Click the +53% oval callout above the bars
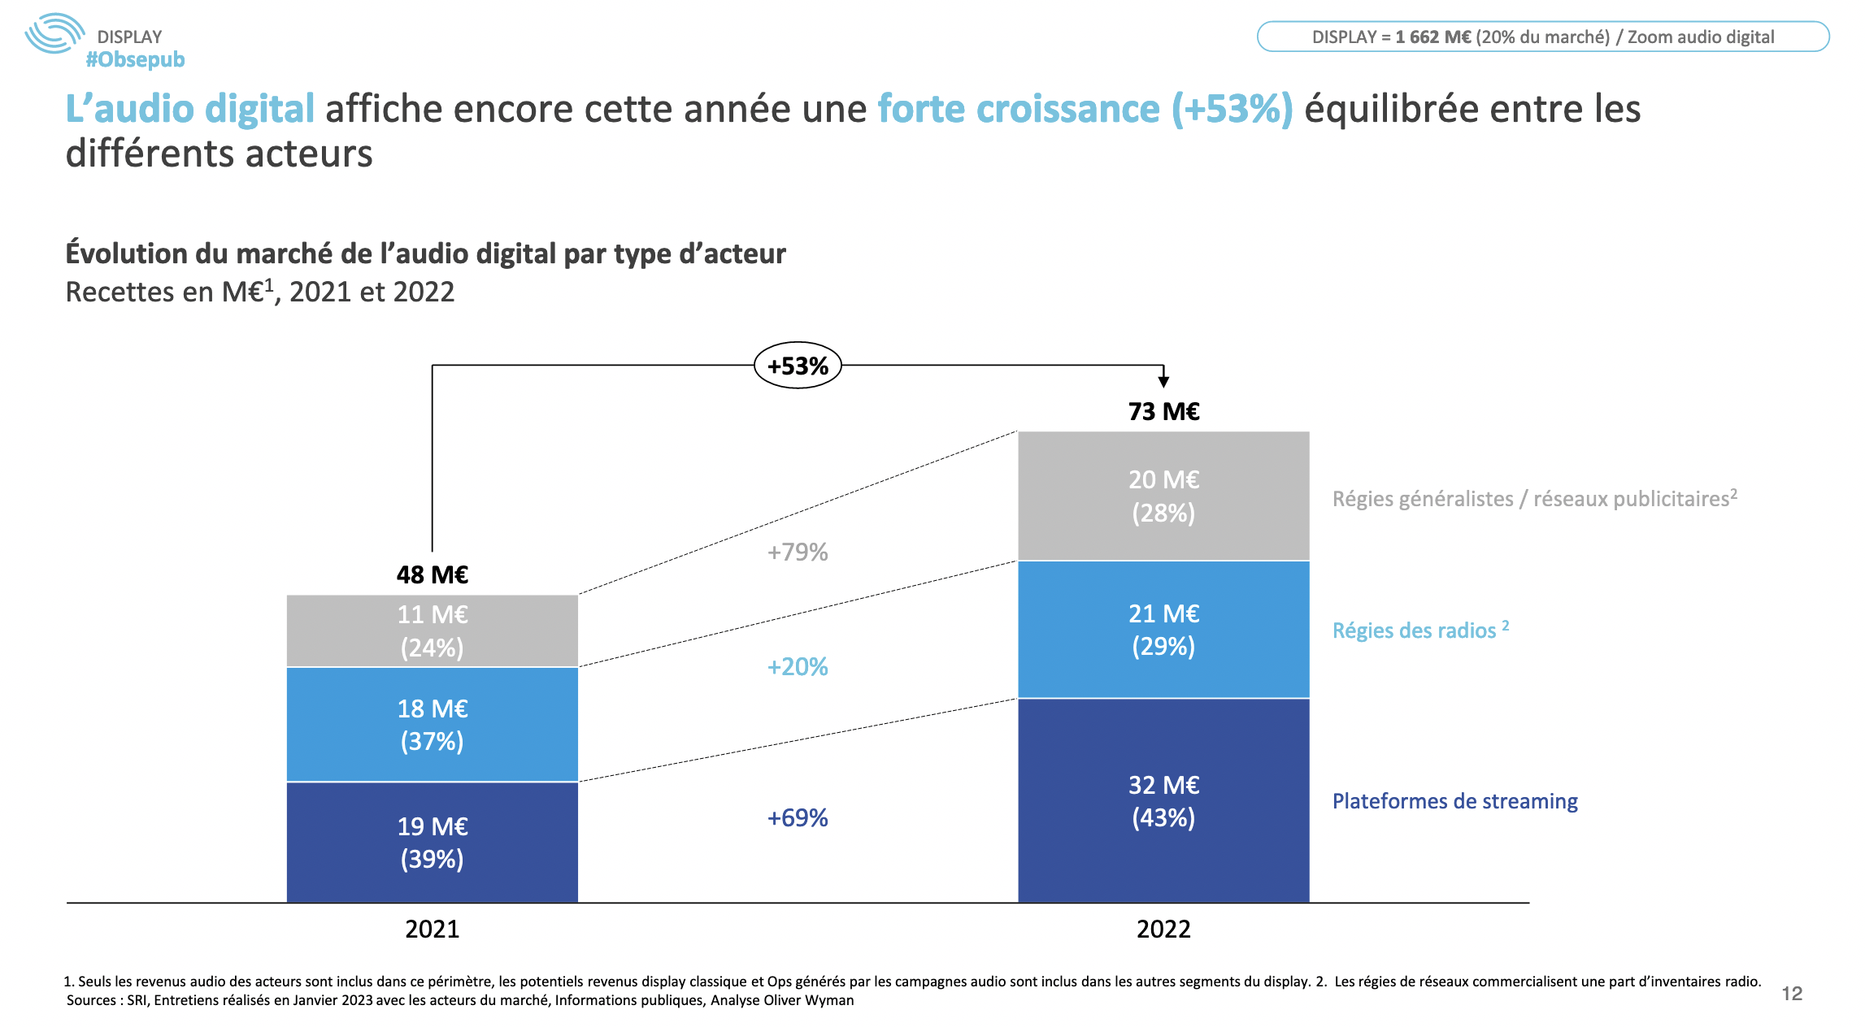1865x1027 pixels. click(x=798, y=366)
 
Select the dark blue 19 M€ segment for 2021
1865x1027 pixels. click(x=432, y=842)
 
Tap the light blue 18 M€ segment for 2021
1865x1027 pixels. click(x=432, y=724)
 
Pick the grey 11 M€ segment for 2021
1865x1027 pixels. click(x=432, y=630)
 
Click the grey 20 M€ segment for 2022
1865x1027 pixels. click(x=1163, y=496)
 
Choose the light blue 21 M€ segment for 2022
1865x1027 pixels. click(x=1163, y=629)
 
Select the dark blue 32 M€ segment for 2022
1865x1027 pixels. click(x=1163, y=800)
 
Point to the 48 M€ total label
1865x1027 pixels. click(x=432, y=575)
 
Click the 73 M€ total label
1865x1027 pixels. click(x=1163, y=412)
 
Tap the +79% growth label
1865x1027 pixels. click(x=798, y=552)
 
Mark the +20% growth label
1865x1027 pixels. click(x=798, y=667)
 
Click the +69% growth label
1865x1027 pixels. click(x=798, y=817)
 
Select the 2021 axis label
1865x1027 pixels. click(x=432, y=929)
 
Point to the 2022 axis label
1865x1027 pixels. click(x=1163, y=929)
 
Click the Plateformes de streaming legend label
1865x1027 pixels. click(x=1454, y=801)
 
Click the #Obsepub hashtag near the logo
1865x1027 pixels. click(x=135, y=59)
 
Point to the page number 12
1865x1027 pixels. click(x=1792, y=993)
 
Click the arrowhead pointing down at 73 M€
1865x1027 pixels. click(x=1163, y=380)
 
